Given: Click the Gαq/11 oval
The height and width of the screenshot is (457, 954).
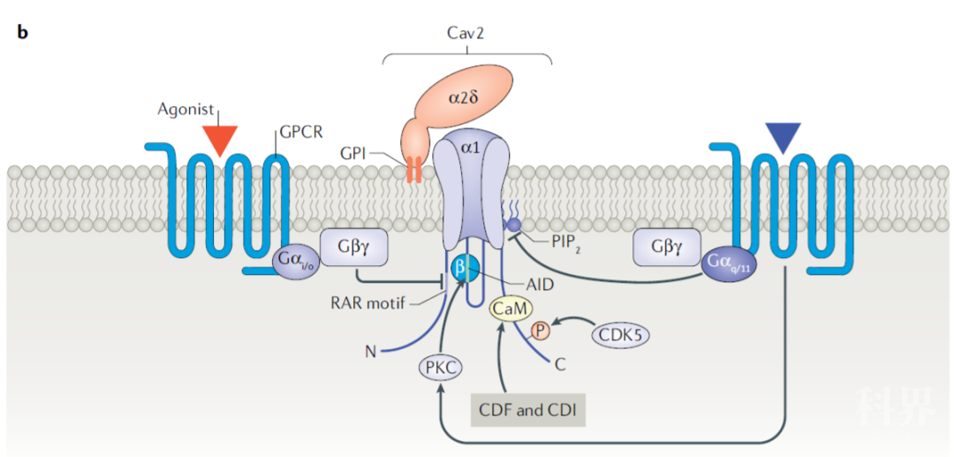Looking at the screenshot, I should pyautogui.click(x=729, y=263).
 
